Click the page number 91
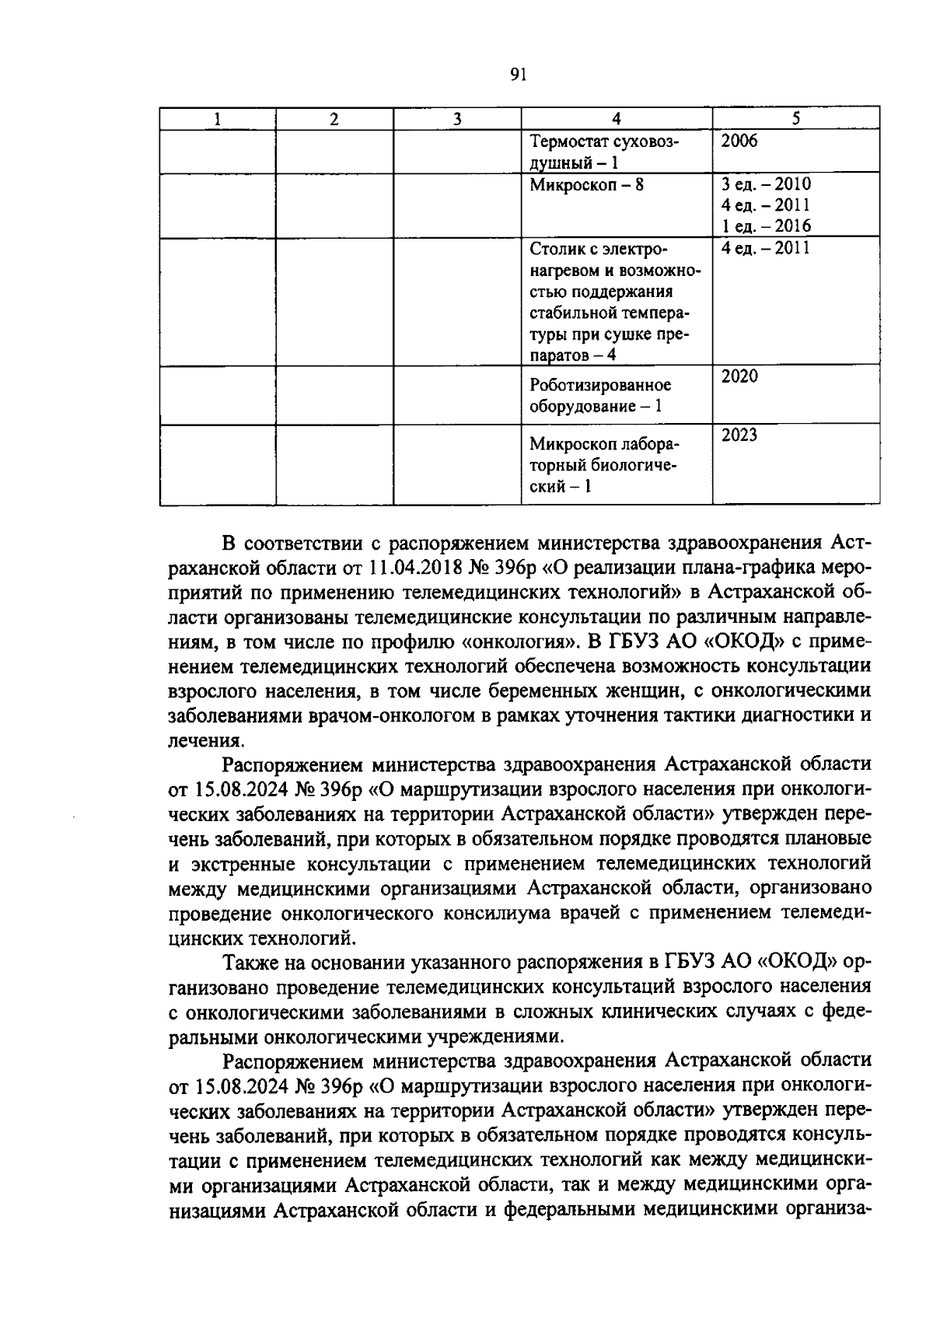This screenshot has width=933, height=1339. [x=519, y=75]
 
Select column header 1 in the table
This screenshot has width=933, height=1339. [x=218, y=119]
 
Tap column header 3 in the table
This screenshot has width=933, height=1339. [x=457, y=119]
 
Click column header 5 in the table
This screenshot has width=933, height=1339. [x=795, y=119]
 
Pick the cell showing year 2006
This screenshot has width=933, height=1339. [x=739, y=141]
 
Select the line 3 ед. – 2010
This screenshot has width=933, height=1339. [x=765, y=184]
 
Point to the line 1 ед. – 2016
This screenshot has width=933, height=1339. [x=765, y=226]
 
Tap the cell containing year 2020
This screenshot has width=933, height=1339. [x=739, y=376]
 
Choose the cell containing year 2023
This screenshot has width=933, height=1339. [x=739, y=435]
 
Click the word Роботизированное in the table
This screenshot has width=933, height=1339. [x=599, y=386]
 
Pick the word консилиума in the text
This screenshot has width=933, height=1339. [x=498, y=913]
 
